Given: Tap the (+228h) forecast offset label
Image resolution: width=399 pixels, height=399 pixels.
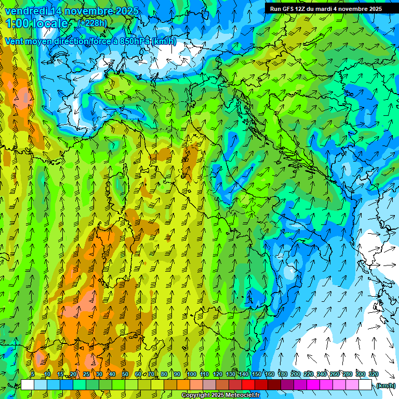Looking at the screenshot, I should pos(93,23).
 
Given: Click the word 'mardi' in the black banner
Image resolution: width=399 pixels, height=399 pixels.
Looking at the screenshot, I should pos(326,9).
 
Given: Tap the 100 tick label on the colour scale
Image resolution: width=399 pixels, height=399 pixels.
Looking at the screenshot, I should pos(192,374).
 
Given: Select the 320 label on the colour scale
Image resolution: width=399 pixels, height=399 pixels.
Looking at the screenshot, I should pos(374,374).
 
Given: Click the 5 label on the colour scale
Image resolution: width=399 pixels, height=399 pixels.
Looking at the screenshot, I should pos(33,374).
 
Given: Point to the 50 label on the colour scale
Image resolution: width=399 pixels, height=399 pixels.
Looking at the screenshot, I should pos(125,374).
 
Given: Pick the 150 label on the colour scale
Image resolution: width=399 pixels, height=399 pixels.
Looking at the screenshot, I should pos(257,374).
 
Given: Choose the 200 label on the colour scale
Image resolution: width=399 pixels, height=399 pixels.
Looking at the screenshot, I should pos(296,374).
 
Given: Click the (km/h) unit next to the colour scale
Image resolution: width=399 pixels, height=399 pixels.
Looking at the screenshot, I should pos(385,385).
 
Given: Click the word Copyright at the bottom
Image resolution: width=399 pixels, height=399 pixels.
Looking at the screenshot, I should pos(196,395).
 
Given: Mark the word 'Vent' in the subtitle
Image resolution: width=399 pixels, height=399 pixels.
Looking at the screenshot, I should pos(14,41).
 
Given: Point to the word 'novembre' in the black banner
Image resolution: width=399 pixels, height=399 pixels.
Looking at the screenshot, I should pos(354,9).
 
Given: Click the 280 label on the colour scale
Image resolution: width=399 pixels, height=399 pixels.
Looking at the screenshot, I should pos(348,374).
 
